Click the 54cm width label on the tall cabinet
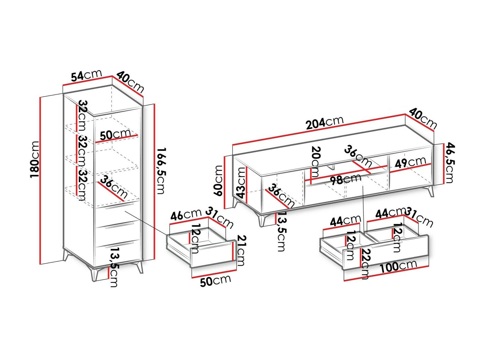[x=86, y=76]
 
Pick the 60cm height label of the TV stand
[x=219, y=181]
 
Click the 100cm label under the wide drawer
[x=398, y=267]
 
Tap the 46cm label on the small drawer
[x=185, y=215]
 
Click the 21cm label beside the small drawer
[x=241, y=250]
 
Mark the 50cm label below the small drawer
[x=215, y=280]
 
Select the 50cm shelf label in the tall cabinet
[x=115, y=135]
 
